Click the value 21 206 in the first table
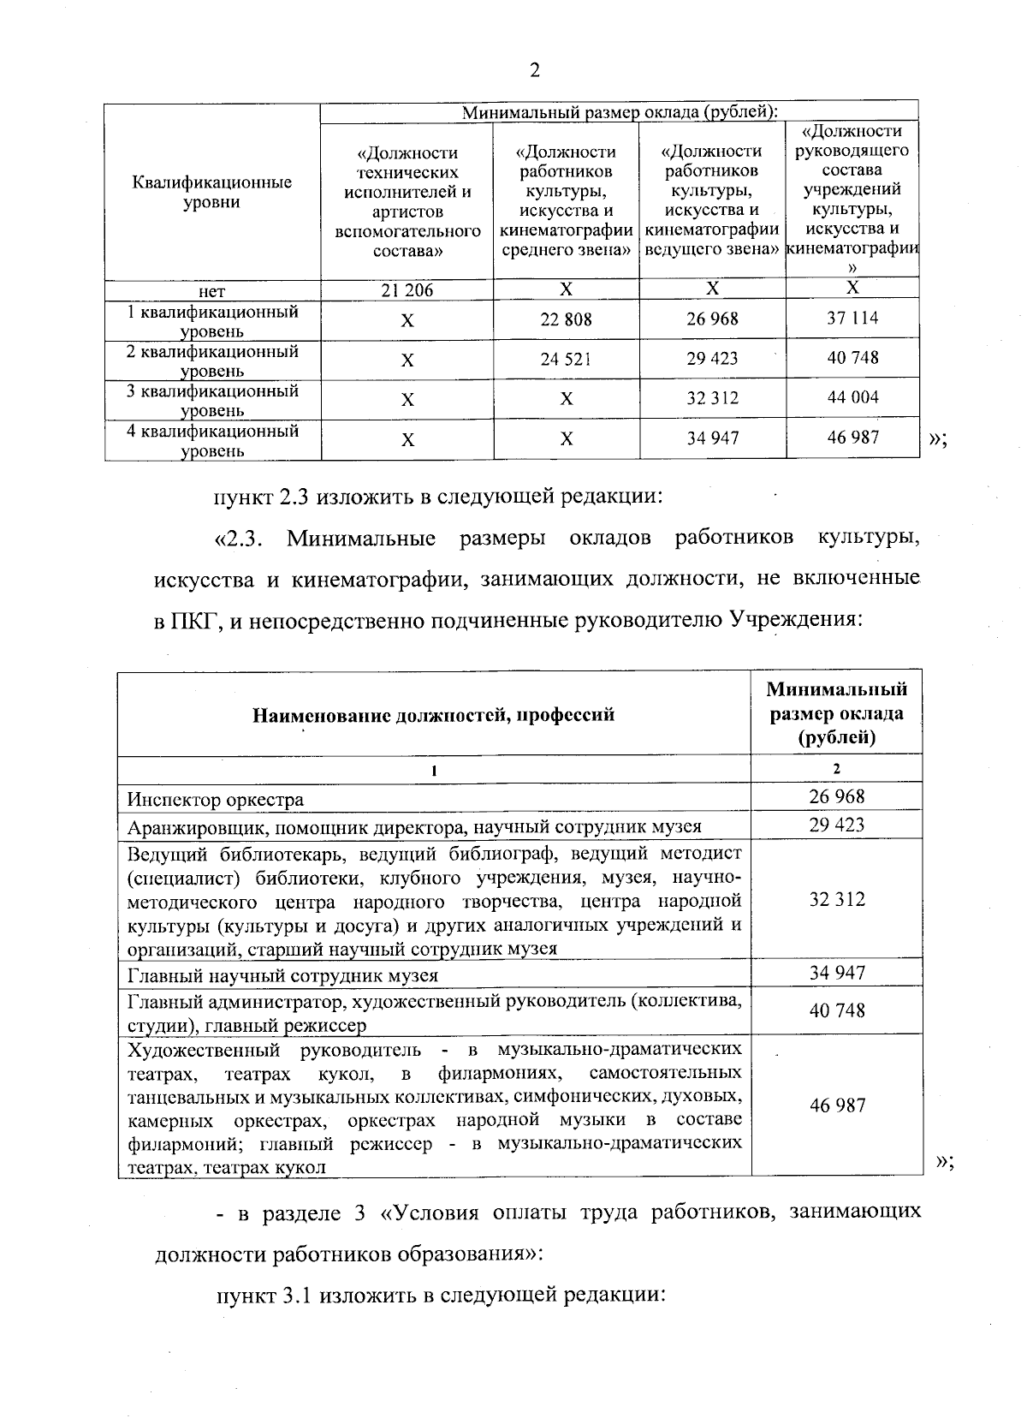(407, 290)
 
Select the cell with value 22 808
(566, 319)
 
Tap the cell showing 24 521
(566, 359)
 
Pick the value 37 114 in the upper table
(852, 319)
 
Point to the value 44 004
(852, 397)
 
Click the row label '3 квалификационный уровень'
(212, 400)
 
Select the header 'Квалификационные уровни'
(212, 192)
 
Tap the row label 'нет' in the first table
(212, 291)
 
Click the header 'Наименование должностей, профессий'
(433, 714)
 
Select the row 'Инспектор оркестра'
(216, 800)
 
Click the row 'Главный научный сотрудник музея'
(282, 975)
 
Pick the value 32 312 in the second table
(837, 899)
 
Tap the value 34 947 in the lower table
(837, 973)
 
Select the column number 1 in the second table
(434, 769)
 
